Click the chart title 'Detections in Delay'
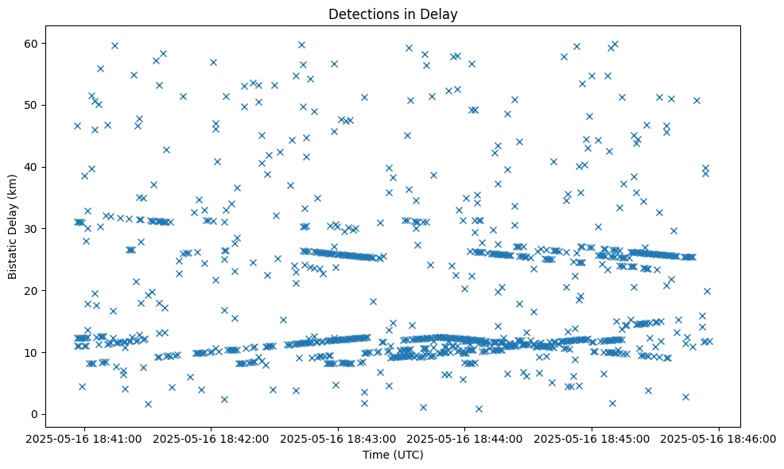tap(394, 14)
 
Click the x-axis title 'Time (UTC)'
tap(394, 455)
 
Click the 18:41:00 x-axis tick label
tap(84, 437)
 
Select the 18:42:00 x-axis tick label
tap(212, 437)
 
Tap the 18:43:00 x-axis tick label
tap(339, 437)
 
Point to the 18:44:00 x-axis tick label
tap(466, 437)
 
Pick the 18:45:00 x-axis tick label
tap(593, 437)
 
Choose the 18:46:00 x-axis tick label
tap(720, 437)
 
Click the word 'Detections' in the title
tap(361, 14)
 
